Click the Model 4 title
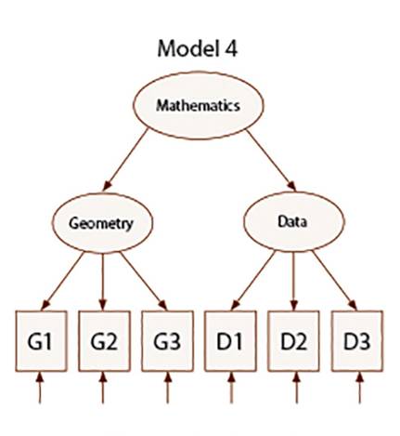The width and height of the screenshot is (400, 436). pos(198,48)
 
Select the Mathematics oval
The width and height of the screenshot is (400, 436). pos(199,105)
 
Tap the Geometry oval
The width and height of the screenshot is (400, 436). pos(102,223)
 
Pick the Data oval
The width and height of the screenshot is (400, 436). pos(293,221)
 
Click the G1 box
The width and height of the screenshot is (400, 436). pos(41,341)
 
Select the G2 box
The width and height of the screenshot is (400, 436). pos(104,341)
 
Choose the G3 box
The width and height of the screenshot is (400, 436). pos(167,341)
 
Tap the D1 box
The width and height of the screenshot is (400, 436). pos(230,341)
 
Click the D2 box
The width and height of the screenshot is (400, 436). pos(293,341)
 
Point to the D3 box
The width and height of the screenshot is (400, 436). pos(357,341)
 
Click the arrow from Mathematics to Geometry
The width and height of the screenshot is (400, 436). pos(125,159)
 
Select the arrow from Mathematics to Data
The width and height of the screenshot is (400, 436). pos(271,160)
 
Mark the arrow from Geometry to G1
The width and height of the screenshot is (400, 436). pos(62,281)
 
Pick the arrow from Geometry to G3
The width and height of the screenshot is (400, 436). pos(144,281)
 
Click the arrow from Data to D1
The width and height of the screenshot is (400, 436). pos(252,280)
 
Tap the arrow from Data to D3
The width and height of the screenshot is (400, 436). pos(334,280)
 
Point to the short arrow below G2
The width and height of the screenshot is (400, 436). pos(103,388)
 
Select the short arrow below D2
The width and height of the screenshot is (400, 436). pos(296,388)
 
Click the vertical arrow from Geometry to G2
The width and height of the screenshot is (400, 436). pos(103,282)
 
